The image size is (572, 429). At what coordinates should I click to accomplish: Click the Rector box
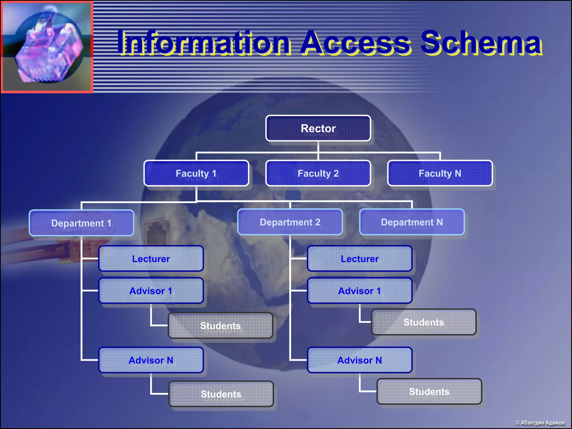pyautogui.click(x=318, y=128)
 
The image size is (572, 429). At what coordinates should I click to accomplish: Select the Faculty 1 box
pyautogui.click(x=196, y=173)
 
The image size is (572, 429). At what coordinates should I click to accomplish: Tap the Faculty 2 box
pyautogui.click(x=318, y=173)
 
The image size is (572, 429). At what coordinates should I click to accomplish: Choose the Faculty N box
pyautogui.click(x=440, y=173)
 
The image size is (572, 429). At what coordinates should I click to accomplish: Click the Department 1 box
pyautogui.click(x=81, y=223)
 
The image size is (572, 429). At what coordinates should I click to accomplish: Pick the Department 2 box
pyautogui.click(x=290, y=222)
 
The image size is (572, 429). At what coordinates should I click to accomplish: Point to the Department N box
pyautogui.click(x=412, y=222)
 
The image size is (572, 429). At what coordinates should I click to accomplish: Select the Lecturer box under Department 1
pyautogui.click(x=151, y=259)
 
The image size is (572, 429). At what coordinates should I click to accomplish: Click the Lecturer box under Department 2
pyautogui.click(x=359, y=259)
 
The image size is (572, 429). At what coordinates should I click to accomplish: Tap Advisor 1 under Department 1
pyautogui.click(x=151, y=291)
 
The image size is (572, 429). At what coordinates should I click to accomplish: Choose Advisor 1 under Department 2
pyautogui.click(x=359, y=291)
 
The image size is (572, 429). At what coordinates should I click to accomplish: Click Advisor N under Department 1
pyautogui.click(x=151, y=360)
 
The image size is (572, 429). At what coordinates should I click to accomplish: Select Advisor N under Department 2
pyautogui.click(x=359, y=360)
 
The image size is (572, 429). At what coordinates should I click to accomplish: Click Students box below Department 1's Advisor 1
pyautogui.click(x=220, y=325)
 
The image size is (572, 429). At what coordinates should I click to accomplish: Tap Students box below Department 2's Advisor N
pyautogui.click(x=429, y=391)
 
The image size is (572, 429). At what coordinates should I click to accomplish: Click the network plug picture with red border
pyautogui.click(x=47, y=47)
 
